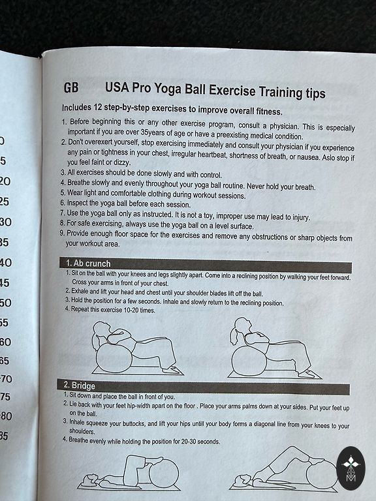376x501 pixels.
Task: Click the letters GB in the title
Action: tap(71, 87)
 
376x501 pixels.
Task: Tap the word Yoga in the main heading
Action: tap(168, 89)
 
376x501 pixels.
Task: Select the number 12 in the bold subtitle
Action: tap(97, 108)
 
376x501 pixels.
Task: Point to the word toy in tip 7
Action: tap(208, 216)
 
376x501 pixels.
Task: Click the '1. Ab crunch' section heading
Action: tap(88, 264)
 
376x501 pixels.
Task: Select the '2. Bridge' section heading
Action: tap(79, 386)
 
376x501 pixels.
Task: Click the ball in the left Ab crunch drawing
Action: tap(114, 358)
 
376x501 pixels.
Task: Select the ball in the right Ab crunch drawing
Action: tap(249, 361)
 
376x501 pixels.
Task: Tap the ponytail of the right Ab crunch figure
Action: tap(234, 336)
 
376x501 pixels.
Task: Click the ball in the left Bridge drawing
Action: tap(164, 474)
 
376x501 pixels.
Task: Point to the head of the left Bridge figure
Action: tap(89, 480)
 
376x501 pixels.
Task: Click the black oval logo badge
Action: tap(351, 468)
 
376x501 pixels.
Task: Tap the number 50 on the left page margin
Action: tap(5, 303)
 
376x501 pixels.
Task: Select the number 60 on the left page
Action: tap(5, 342)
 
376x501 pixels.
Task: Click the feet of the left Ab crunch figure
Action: tap(172, 371)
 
